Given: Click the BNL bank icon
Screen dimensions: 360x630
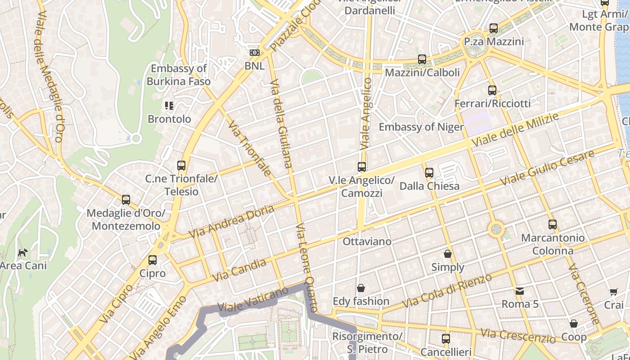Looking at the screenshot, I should point(255,53).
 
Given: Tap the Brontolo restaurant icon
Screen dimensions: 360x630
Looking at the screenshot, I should point(169,106).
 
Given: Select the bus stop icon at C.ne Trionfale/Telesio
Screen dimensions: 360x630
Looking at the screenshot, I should point(181,166).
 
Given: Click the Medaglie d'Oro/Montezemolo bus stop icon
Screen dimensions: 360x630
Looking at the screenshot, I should point(126,200).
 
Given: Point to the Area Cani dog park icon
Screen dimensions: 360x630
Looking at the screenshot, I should point(22,252).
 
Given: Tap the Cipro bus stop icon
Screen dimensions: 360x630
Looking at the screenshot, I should point(153,260).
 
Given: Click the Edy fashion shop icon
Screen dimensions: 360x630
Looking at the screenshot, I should point(361,288).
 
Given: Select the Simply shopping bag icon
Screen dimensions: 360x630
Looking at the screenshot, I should point(448,254).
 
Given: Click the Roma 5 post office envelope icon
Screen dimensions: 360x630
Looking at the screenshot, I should point(520,291).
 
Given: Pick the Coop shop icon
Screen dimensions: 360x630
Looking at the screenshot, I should point(574,324).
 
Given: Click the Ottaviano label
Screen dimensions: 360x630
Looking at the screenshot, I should point(367,242).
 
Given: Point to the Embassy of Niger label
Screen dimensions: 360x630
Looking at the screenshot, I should point(421,127).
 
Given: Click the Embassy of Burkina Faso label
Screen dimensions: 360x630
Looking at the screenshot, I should point(179,75).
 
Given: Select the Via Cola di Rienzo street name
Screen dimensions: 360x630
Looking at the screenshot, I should point(447,291).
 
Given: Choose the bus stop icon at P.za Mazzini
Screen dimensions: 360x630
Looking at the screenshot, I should point(494,28).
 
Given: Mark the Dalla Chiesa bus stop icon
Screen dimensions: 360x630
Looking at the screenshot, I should point(429,173).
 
